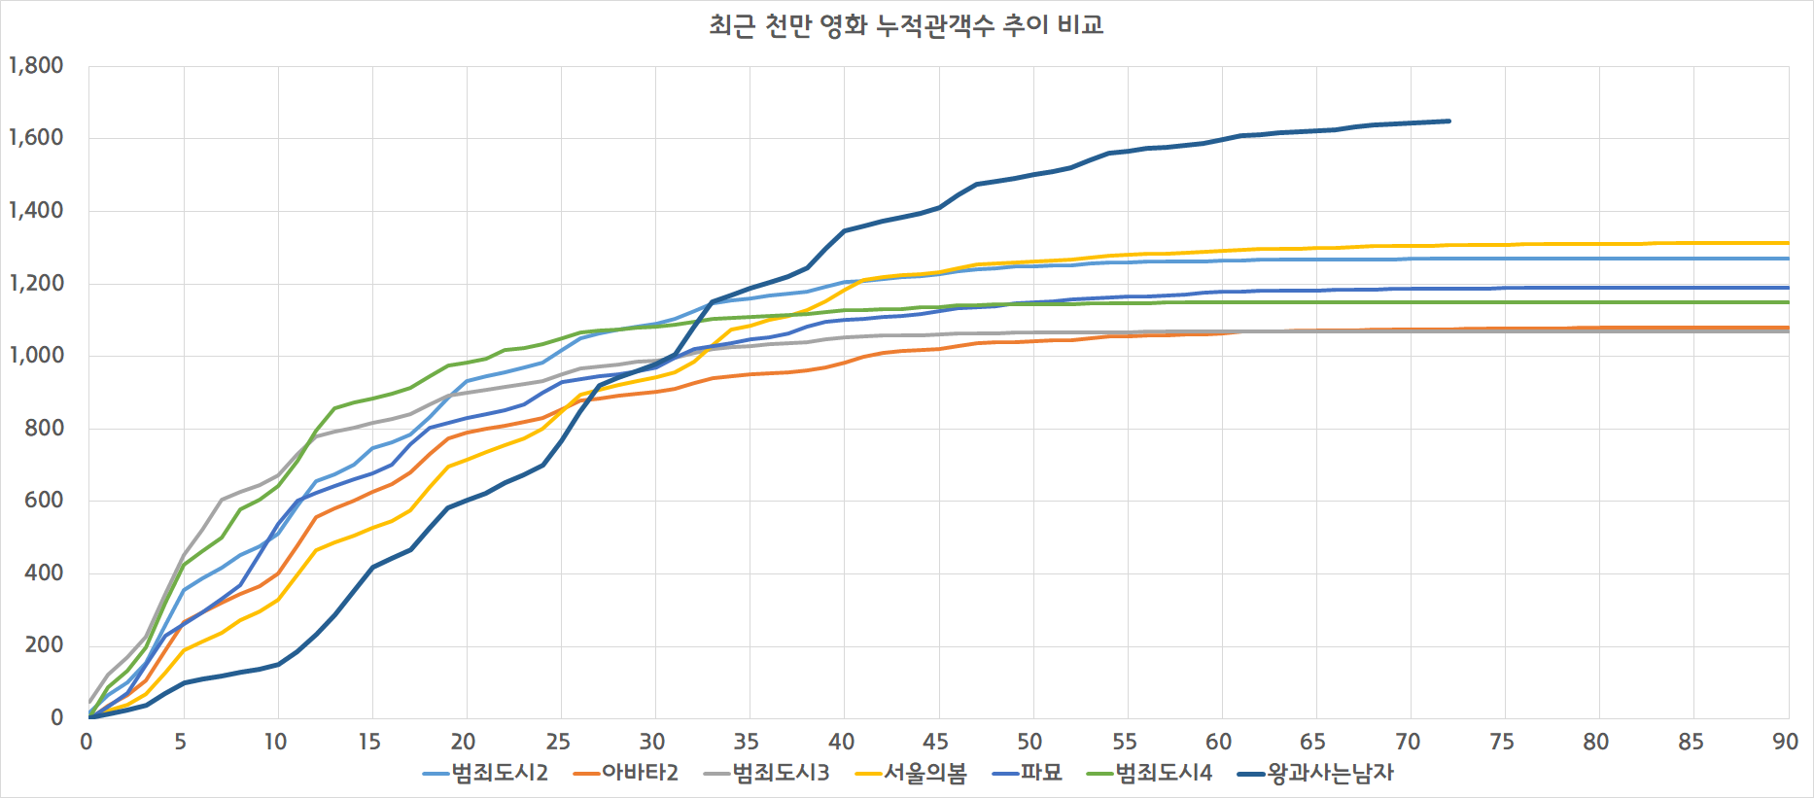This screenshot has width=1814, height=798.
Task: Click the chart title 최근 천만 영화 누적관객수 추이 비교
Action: (906, 25)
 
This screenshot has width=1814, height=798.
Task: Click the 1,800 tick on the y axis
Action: (36, 66)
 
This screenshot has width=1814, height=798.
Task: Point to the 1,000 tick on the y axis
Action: (36, 356)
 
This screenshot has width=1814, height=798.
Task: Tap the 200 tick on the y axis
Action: (44, 645)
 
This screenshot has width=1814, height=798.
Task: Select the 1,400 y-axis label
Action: (36, 211)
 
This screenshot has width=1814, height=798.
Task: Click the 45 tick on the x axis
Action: (935, 743)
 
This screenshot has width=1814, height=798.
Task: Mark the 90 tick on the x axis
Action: (1785, 743)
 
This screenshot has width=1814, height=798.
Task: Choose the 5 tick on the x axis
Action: (181, 743)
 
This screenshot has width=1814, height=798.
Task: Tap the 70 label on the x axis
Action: (1407, 743)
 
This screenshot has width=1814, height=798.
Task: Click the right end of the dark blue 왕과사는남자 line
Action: (1449, 121)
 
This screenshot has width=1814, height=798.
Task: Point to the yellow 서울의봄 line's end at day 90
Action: (1788, 243)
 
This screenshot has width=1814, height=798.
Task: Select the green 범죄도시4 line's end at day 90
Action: (1788, 302)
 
